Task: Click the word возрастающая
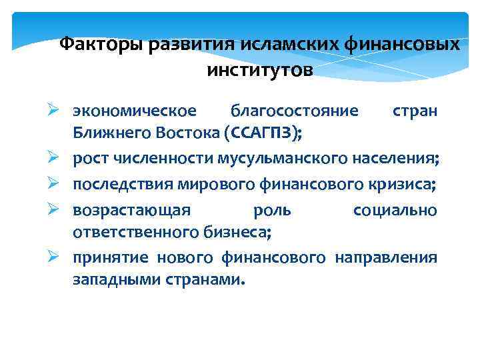[x=132, y=210]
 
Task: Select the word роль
[x=273, y=210]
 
